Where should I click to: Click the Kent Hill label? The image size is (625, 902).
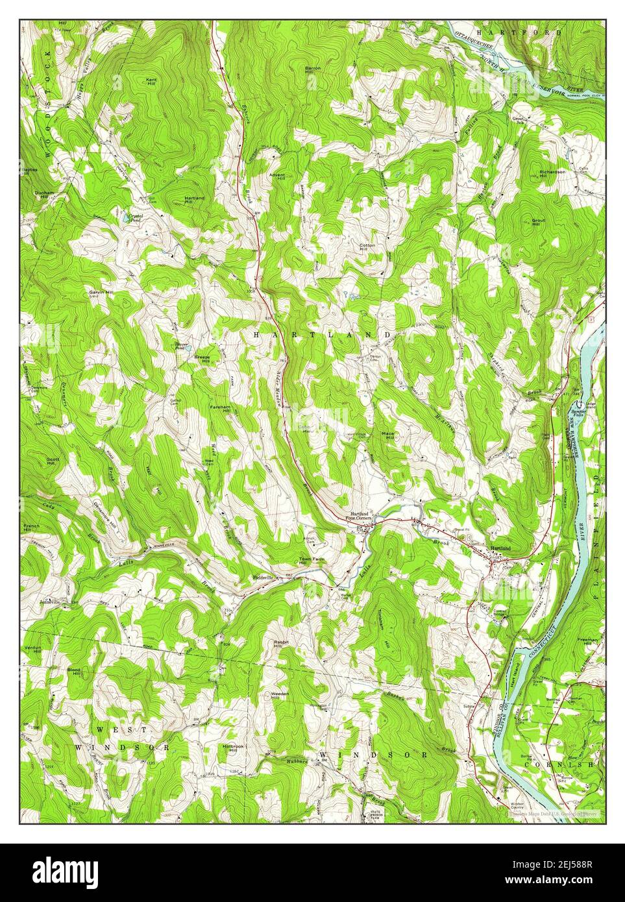(x=151, y=81)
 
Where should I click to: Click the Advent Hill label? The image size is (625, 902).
(x=277, y=177)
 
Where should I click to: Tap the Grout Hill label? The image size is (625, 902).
(x=539, y=223)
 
